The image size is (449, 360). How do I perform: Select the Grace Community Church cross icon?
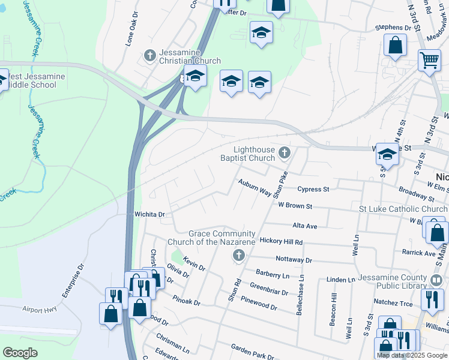click(x=238, y=257)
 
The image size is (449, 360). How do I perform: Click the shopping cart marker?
click(x=429, y=60)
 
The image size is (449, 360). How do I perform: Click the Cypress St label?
click(x=314, y=189)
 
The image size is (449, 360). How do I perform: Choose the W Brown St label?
click(x=295, y=206)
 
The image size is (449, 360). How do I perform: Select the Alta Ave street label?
click(x=304, y=226)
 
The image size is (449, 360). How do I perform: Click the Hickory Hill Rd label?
click(x=281, y=241)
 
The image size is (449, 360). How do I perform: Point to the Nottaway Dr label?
click(x=294, y=260)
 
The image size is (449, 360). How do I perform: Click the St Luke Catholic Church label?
click(x=403, y=209)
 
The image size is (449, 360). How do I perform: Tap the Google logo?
click(x=20, y=353)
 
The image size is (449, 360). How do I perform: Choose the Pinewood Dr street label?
click(x=259, y=302)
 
